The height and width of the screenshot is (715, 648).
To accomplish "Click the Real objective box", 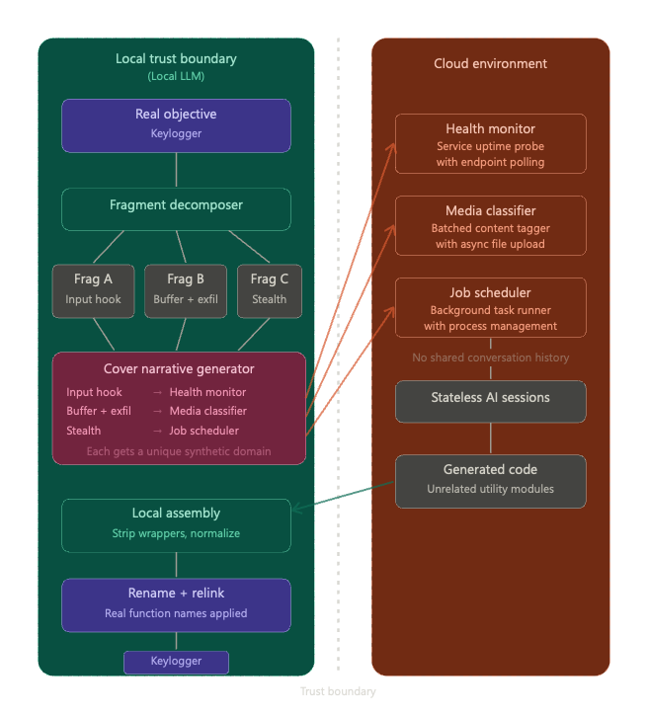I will [176, 124].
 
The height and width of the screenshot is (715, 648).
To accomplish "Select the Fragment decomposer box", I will [176, 208].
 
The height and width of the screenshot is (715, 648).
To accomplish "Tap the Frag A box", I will [93, 289].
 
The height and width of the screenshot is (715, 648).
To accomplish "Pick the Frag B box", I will [186, 289].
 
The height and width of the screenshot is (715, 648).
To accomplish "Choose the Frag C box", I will [269, 289].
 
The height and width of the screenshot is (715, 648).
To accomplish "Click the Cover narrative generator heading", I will [179, 369].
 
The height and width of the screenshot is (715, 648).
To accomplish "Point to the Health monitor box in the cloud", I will [490, 144].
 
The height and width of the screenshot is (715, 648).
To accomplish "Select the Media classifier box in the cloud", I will [490, 226].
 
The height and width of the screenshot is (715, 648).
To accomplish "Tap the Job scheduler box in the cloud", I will [490, 308].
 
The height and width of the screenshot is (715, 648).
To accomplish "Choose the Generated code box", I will [490, 480].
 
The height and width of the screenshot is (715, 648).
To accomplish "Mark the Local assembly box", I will [176, 524].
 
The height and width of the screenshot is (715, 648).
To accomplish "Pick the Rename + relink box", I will [176, 603].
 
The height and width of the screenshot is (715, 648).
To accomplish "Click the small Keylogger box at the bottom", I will [176, 662].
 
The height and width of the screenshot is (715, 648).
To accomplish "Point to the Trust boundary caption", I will [338, 691].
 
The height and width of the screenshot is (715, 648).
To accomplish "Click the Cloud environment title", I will [490, 64].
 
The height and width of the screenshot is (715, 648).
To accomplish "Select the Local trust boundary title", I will [176, 59].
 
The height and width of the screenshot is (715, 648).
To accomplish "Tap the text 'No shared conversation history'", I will [490, 357].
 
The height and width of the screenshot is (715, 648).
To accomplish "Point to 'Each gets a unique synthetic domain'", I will [179, 451].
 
